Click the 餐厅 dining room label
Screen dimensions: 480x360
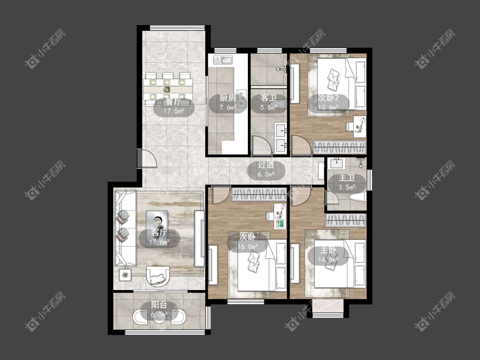pyautogui.click(x=173, y=102)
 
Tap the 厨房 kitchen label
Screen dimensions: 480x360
pyautogui.click(x=228, y=98)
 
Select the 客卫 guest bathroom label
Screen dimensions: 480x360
pyautogui.click(x=269, y=98)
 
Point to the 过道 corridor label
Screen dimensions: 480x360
pyautogui.click(x=266, y=165)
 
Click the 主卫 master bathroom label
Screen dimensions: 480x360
pyautogui.click(x=346, y=178)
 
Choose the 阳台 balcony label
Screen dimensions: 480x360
pyautogui.click(x=159, y=305)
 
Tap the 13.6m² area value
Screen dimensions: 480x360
pyautogui.click(x=328, y=107)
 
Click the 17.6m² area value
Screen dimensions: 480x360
pyautogui.click(x=159, y=242)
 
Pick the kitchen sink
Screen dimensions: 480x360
pyautogui.click(x=223, y=59)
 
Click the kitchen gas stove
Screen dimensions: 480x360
pyautogui.click(x=242, y=99)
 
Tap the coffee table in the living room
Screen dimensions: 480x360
pyautogui.click(x=157, y=224)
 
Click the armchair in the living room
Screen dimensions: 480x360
pyautogui.click(x=158, y=276)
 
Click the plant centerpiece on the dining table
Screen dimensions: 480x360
pyautogui.click(x=166, y=90)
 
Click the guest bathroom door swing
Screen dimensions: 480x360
pyautogui.click(x=262, y=145)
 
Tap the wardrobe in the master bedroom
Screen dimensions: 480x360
pyautogui.click(x=346, y=220)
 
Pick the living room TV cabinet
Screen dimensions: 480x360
pyautogui.click(x=199, y=238)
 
